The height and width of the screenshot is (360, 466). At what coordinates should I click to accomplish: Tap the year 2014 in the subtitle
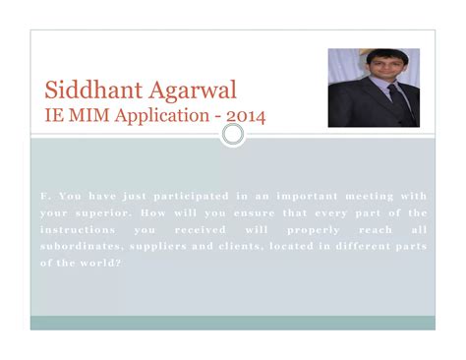pos(245,117)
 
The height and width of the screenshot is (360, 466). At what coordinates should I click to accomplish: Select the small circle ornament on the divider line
pos(233,133)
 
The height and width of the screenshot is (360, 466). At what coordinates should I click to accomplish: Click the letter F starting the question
pos(43,195)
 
